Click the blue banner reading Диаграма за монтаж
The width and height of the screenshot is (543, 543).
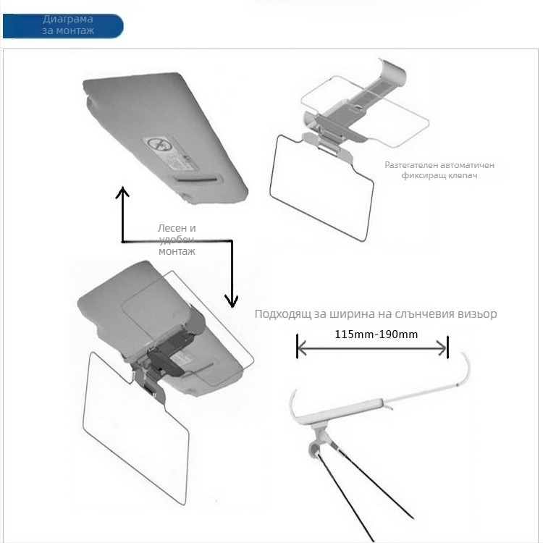point(63,26)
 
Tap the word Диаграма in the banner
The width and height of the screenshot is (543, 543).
point(68,19)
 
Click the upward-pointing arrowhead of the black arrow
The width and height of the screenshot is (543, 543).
point(122,192)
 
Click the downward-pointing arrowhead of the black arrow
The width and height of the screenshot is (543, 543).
point(232,301)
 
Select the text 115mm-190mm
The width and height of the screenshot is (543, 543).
point(376,334)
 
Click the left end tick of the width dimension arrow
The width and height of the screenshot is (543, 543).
point(297,346)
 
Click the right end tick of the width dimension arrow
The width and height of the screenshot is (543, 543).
point(447,348)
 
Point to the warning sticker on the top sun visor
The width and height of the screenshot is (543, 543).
point(172,153)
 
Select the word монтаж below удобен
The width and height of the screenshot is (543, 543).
point(177,251)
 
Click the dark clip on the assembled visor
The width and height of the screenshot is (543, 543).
point(167,360)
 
